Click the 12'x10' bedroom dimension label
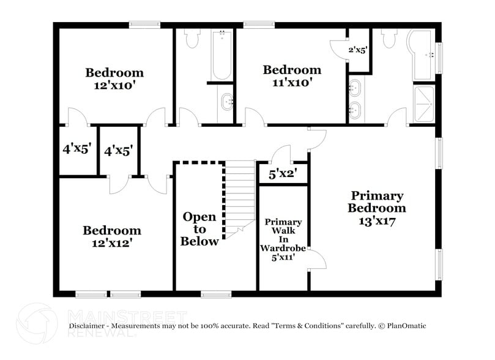click(x=114, y=86)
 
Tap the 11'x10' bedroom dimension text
click(x=292, y=83)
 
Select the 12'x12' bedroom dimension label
click(x=112, y=243)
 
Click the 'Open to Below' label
click(x=199, y=229)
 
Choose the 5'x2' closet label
click(x=283, y=174)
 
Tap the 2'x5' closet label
click(x=357, y=50)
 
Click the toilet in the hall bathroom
click(x=192, y=39)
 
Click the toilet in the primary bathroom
click(x=389, y=39)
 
